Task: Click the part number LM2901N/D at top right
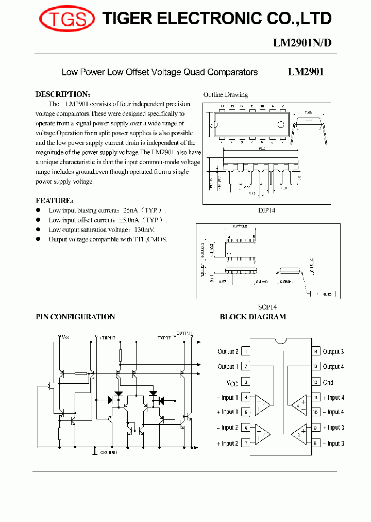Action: click(x=302, y=43)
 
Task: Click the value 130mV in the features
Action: click(x=144, y=230)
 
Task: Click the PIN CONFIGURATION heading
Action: click(x=75, y=317)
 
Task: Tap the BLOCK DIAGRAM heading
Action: click(x=252, y=317)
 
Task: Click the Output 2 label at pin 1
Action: click(x=228, y=352)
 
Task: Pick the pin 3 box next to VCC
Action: click(x=246, y=382)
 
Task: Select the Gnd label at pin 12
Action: click(x=328, y=382)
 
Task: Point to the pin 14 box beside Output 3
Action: click(x=315, y=352)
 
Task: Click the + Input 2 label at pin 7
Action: click(x=228, y=444)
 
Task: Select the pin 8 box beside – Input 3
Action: click(x=315, y=444)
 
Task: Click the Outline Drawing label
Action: click(x=225, y=95)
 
